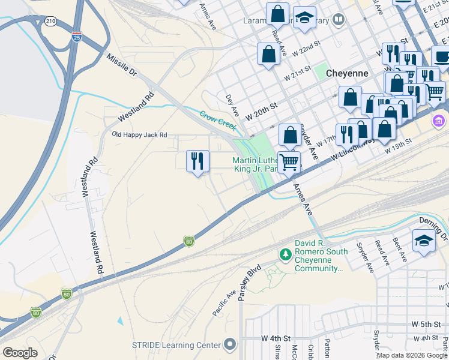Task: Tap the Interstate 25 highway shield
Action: (76, 37)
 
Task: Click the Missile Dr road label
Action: (122, 66)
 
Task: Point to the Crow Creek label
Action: (218, 119)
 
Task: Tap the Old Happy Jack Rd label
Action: (140, 135)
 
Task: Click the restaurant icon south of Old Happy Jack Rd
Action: (197, 161)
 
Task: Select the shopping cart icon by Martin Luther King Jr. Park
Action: (289, 161)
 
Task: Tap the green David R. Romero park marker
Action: (286, 256)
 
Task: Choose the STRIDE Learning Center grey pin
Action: (229, 344)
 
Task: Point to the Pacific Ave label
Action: (224, 304)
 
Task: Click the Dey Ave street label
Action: (232, 105)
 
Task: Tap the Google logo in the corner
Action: (20, 353)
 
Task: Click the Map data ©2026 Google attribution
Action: (412, 355)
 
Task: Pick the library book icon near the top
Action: (339, 21)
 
